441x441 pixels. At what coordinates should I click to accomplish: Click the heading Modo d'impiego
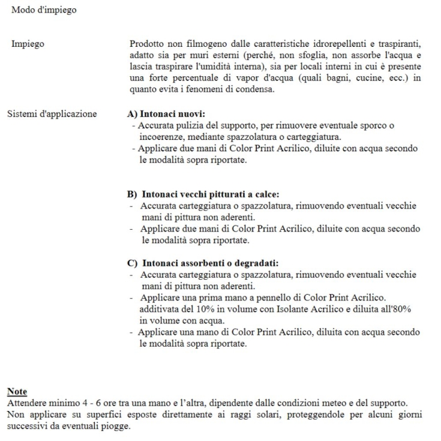44,10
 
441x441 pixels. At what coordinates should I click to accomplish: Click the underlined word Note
16,391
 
